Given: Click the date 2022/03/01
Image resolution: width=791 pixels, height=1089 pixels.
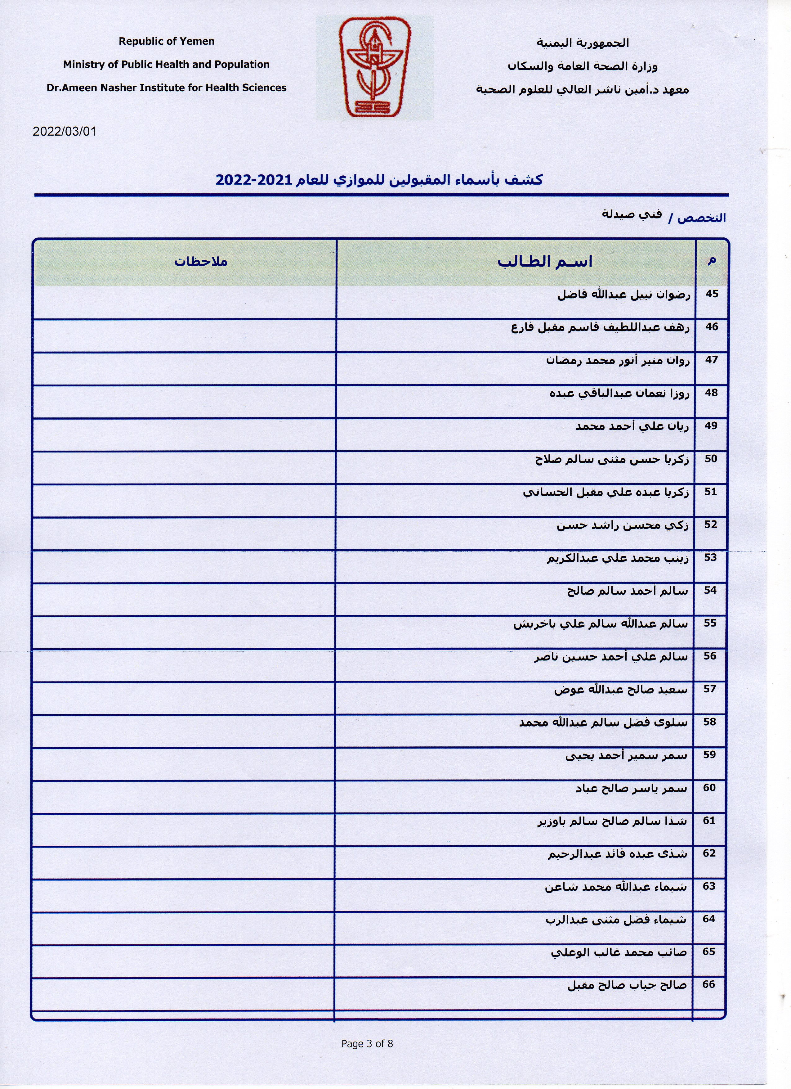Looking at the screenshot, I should pos(64,132).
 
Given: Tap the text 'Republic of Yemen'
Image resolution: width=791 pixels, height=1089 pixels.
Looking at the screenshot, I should pos(167,41).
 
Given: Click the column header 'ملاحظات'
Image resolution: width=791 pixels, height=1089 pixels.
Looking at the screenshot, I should pos(201,262).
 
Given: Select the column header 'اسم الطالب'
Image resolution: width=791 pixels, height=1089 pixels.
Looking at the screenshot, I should pos(545,262).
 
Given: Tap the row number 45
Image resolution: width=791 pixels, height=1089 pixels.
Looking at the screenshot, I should pos(712,294).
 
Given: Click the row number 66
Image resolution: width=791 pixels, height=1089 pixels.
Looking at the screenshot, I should pos(709,984).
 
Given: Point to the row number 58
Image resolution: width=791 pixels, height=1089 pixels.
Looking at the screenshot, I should pos(709,722).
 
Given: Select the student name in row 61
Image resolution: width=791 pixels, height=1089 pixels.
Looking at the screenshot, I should pos(612,821).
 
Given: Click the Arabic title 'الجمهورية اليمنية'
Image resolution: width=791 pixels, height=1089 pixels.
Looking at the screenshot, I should pos(582,43).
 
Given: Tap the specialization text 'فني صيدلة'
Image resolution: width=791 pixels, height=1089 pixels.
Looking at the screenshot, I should pos(632,214).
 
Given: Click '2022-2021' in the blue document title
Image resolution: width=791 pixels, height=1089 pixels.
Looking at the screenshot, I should pos(253,180).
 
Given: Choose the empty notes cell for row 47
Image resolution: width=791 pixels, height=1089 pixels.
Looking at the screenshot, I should pos(185,368).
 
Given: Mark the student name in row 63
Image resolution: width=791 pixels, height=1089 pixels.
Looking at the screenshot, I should pos(615,887).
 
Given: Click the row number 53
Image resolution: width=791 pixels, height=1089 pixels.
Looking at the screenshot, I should pos(710,557).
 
